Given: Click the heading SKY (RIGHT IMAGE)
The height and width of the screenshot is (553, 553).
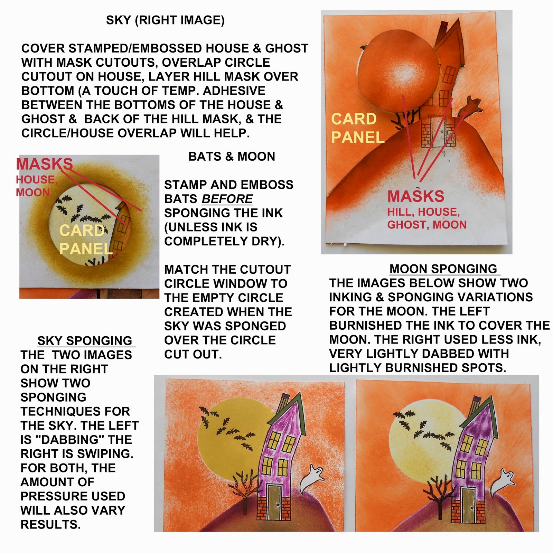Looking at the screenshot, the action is click(x=165, y=20).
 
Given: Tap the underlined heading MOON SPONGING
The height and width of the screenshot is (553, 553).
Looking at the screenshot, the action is click(x=443, y=269).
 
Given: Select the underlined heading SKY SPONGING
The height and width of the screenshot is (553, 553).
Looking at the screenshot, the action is click(x=85, y=341).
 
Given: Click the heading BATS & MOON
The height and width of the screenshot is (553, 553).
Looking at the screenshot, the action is click(x=232, y=157).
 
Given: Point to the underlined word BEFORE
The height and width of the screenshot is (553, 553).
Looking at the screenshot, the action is click(x=227, y=199).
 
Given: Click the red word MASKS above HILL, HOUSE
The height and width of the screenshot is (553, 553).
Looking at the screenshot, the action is click(x=416, y=196).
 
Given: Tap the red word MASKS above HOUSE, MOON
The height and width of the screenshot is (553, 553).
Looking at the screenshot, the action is click(x=45, y=164).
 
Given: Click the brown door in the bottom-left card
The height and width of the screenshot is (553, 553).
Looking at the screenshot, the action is click(x=275, y=498).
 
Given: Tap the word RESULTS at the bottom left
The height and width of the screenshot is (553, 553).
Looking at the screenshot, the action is click(x=50, y=525).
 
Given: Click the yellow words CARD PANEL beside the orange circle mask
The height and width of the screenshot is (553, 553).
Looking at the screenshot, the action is click(x=357, y=128).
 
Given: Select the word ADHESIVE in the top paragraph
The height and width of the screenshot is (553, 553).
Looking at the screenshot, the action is click(x=234, y=91).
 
